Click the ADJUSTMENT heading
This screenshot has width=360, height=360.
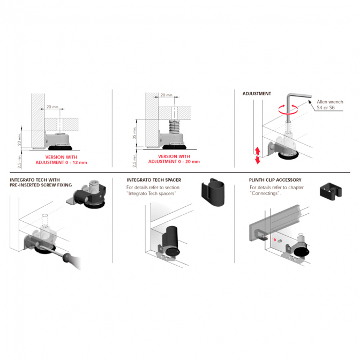tap(257, 94)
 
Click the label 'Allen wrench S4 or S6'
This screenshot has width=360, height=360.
tap(330, 104)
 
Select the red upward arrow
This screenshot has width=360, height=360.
tap(258, 151)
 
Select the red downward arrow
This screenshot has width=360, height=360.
tap(258, 160)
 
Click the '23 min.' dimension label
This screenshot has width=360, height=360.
tap(19, 140)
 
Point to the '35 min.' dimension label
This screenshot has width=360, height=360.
tap(134, 133)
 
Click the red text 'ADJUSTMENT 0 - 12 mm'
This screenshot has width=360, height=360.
tap(61, 162)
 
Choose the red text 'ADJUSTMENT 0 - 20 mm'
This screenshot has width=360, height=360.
tap(174, 162)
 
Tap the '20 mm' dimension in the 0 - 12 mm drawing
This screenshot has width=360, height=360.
tap(52, 107)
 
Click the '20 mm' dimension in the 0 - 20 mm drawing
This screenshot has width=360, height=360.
tap(166, 95)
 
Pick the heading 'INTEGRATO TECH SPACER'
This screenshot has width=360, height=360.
tap(154, 180)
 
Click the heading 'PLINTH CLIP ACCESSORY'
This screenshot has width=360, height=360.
tap(275, 180)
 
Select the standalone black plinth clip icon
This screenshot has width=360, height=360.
tap(331, 191)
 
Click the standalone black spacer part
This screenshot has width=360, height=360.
tap(213, 192)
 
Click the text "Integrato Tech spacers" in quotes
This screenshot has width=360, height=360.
tap(151, 193)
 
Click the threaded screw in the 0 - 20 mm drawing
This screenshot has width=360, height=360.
tap(174, 127)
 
